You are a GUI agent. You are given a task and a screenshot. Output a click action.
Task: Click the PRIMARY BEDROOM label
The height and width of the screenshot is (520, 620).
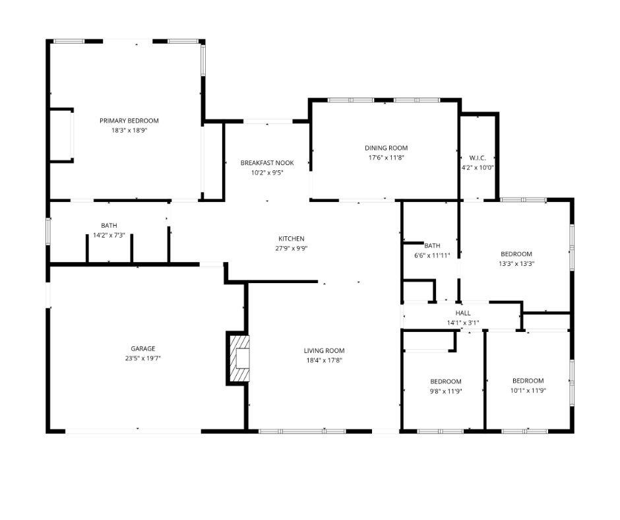tap(129, 121)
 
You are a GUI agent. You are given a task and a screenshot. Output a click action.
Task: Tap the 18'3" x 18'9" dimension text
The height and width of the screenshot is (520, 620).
tap(129, 131)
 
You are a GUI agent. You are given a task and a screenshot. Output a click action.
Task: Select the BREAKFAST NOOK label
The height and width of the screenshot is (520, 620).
tap(267, 163)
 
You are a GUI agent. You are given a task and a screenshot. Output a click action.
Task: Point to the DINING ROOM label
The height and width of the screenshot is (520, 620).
tap(387, 148)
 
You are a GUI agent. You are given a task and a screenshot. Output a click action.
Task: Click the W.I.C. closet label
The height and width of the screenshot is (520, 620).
tap(478, 158)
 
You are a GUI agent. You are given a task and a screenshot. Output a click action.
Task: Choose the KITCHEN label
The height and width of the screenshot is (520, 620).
tap(291, 238)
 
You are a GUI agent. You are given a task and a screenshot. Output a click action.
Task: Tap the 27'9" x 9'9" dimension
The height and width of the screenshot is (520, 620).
tap(291, 249)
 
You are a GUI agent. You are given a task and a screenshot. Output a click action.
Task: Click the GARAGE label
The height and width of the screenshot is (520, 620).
tap(142, 348)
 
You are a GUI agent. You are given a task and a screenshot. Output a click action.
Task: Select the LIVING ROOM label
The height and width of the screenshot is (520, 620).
tap(324, 350)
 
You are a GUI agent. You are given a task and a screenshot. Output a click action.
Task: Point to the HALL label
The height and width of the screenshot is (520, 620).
tap(463, 313)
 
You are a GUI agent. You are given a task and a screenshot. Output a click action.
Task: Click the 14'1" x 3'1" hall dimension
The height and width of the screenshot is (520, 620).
tap(463, 323)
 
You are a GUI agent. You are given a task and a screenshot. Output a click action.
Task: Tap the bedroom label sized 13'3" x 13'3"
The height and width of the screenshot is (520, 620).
tap(516, 254)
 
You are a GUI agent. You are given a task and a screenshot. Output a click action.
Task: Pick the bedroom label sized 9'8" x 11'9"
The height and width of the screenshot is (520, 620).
tap(446, 381)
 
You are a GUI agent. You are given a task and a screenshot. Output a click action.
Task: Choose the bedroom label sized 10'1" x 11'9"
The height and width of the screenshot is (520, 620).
tap(528, 381)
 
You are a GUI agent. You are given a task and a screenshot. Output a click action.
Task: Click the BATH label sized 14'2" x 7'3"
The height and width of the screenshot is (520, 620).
tap(109, 226)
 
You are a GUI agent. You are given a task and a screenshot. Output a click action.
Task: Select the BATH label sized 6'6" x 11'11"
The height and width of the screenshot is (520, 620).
tap(432, 245)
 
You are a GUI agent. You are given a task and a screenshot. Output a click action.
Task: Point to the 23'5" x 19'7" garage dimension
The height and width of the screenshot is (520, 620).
tap(142, 358)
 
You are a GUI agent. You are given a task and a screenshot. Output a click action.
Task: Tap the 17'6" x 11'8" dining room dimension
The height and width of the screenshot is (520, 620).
tap(387, 158)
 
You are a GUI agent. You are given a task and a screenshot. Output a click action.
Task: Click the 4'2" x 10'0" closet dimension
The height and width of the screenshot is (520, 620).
tap(478, 168)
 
